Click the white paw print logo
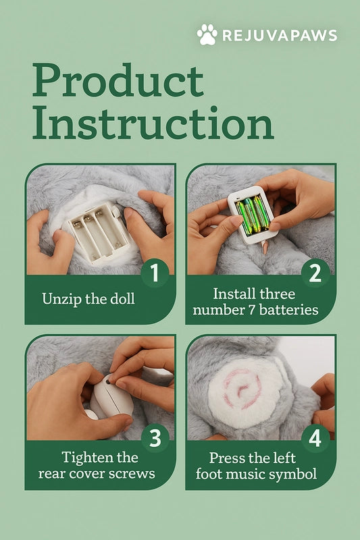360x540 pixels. point(207,34)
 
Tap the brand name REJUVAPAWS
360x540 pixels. point(280,36)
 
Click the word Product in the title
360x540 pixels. point(118,80)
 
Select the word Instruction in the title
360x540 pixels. point(153,123)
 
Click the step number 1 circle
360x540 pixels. point(155,273)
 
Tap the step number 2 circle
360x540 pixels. point(315,273)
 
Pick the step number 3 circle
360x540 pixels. point(155,438)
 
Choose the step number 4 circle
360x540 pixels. point(315,438)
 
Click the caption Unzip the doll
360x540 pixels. point(88,298)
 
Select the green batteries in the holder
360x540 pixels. point(253,213)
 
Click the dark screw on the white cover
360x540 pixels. point(107,381)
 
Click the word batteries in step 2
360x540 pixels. point(288,310)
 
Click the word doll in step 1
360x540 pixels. point(122,298)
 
